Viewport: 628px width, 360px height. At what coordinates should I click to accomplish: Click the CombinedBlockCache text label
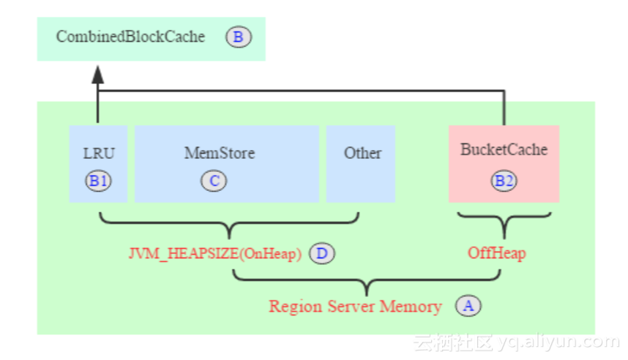click(x=130, y=37)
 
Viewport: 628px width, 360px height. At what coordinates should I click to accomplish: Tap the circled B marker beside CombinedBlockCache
click(x=239, y=37)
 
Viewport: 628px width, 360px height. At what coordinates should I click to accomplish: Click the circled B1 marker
click(x=99, y=181)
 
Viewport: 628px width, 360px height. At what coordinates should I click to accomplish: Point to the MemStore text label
click(x=219, y=153)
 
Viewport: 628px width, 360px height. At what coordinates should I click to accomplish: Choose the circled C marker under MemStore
click(x=214, y=181)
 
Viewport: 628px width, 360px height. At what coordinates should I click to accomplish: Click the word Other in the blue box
click(x=362, y=153)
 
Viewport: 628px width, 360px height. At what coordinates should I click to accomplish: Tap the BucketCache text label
click(x=504, y=149)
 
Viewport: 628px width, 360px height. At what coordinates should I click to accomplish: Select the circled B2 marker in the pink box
click(x=504, y=181)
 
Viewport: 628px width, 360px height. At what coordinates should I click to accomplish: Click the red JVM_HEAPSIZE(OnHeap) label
click(x=214, y=254)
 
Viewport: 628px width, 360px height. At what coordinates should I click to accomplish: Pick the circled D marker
click(x=322, y=254)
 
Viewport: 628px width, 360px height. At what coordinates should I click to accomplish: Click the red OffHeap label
click(x=496, y=254)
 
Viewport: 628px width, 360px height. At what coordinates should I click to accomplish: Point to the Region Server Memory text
click(x=355, y=306)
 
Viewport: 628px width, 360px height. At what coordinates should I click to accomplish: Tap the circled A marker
click(x=468, y=306)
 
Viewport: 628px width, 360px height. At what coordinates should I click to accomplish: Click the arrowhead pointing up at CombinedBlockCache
click(x=98, y=73)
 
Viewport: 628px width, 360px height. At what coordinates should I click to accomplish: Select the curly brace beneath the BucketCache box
click(x=504, y=220)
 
